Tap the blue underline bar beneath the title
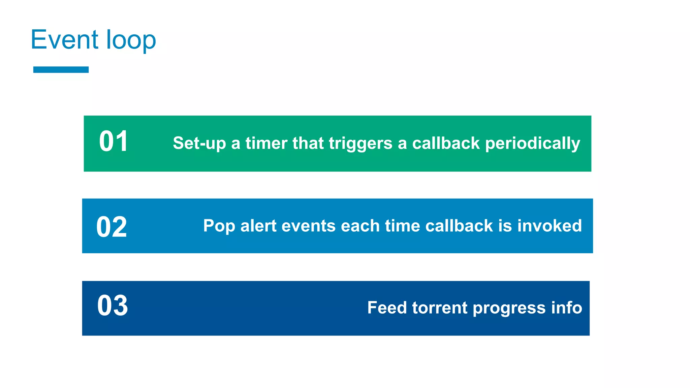(61, 70)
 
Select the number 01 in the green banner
(113, 141)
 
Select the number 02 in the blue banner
(112, 227)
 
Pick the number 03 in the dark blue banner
(113, 306)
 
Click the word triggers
(360, 143)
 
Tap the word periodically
(532, 143)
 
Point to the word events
(308, 226)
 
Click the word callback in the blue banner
(459, 226)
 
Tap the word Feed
(387, 308)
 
